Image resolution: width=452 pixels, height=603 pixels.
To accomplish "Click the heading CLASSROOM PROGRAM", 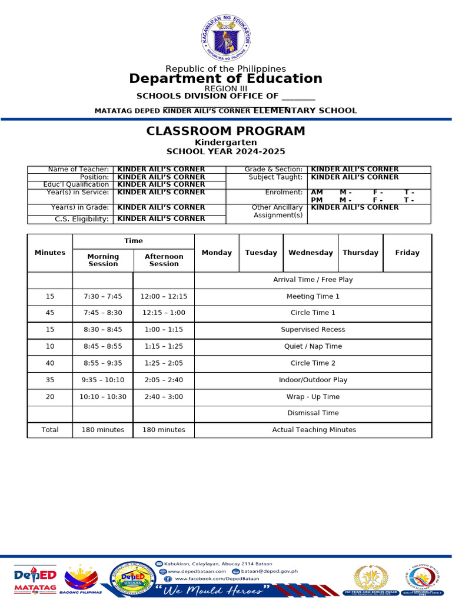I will pyautogui.click(x=226, y=131).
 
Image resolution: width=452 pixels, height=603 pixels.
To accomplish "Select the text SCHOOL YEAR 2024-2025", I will pyautogui.click(x=226, y=151).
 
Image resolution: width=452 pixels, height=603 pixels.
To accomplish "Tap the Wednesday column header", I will pyautogui.click(x=310, y=253).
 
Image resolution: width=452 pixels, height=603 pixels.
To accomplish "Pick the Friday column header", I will pyautogui.click(x=407, y=253).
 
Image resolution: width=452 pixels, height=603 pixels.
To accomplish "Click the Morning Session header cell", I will pyautogui.click(x=103, y=260).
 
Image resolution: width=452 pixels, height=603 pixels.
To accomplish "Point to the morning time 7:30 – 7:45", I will pyautogui.click(x=103, y=297).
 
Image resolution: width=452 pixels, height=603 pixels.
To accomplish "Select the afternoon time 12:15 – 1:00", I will pyautogui.click(x=164, y=313).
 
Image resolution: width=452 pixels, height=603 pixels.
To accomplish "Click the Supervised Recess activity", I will pyautogui.click(x=313, y=330).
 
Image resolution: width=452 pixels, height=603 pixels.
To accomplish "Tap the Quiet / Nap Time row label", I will pyautogui.click(x=313, y=347).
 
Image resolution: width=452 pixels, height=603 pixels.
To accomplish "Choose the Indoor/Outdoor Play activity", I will pyautogui.click(x=313, y=380).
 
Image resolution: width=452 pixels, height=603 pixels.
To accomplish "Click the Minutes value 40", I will pyautogui.click(x=50, y=363).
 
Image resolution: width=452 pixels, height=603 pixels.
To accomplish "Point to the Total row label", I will pyautogui.click(x=50, y=430).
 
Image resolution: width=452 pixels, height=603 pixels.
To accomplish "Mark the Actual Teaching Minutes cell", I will pyautogui.click(x=314, y=430).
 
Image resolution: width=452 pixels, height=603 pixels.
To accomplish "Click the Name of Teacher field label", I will pyautogui.click(x=78, y=170).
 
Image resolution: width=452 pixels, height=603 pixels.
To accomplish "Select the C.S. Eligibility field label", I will pyautogui.click(x=82, y=219).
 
